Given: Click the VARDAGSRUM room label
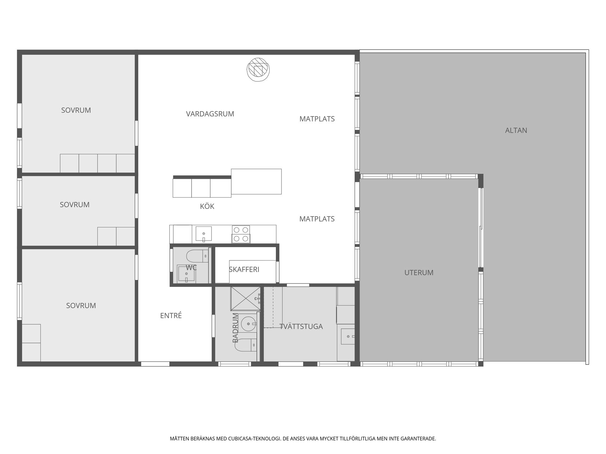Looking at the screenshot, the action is click(210, 114).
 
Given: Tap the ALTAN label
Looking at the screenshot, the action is click(516, 130).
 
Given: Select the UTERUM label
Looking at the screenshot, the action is click(419, 272).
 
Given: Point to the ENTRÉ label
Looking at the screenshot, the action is click(171, 315).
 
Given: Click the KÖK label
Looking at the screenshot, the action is click(207, 206).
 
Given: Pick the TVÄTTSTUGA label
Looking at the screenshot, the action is click(301, 326).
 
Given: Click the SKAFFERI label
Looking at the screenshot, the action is click(244, 270).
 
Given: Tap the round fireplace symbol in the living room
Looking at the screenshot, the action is click(258, 70).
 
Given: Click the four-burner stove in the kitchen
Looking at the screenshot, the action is click(241, 234).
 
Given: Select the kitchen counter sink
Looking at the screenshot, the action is click(204, 234).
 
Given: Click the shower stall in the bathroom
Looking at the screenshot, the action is click(246, 299).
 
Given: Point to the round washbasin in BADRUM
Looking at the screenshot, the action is click(249, 324).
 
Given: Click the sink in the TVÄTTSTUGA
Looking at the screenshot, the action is click(348, 336).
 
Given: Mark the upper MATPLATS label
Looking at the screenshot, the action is click(317, 119).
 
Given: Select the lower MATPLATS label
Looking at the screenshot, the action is click(317, 219).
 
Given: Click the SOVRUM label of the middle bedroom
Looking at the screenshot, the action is click(75, 205).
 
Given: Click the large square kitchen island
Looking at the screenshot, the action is click(256, 182).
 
